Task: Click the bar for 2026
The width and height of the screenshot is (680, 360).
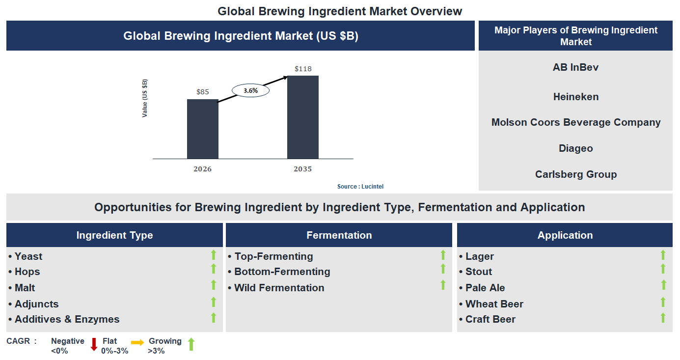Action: point(202,129)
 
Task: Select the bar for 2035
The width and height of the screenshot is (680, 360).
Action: point(302,117)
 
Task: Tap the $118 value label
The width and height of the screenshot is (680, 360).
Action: point(303,69)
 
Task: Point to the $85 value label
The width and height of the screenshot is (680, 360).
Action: point(202,92)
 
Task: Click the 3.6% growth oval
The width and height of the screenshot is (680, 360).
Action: point(250,91)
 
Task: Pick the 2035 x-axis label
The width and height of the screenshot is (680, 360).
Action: point(302,169)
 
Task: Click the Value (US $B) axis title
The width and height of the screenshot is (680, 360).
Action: point(145,98)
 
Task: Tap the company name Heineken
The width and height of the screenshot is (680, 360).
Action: point(576,97)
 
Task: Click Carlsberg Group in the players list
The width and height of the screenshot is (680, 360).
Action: point(576,174)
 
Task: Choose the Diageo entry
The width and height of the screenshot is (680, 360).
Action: point(576,148)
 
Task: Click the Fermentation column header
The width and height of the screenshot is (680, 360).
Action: point(339,235)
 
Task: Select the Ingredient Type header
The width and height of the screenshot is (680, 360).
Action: point(114,235)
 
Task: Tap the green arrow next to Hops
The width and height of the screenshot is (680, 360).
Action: point(214,269)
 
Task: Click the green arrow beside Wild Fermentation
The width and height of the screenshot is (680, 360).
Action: point(443,285)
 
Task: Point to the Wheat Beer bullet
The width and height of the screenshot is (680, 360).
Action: point(494,304)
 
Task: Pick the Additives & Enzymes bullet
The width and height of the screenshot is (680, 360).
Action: point(67,319)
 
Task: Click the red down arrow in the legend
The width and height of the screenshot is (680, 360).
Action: point(94,344)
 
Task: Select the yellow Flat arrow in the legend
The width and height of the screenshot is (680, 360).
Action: point(137,342)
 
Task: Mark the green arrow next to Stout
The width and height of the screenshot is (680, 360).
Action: point(663,269)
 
